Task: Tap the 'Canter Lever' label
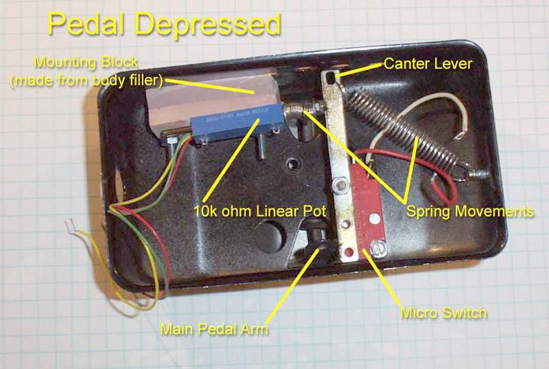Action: (428, 64)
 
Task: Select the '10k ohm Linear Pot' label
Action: (260, 211)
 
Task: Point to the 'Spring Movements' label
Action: (470, 212)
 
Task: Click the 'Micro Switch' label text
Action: (443, 313)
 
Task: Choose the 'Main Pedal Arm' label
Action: (214, 329)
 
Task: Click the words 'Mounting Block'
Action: (86, 63)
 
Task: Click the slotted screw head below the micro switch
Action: (378, 249)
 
